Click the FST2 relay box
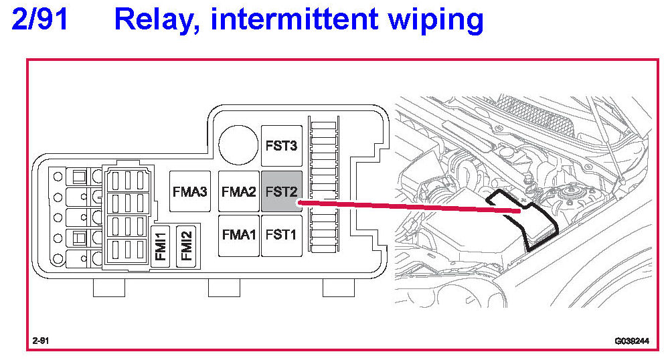tap(280, 191)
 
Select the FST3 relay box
tap(280, 145)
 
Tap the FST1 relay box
tap(280, 235)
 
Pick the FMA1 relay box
tap(239, 235)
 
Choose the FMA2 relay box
tap(239, 191)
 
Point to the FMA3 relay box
tap(189, 191)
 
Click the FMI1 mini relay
tap(161, 246)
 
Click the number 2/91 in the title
tap(39, 21)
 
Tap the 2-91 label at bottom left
tap(41, 341)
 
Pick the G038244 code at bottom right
tap(632, 341)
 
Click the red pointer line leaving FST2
tap(408, 205)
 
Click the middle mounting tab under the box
tap(224, 288)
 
